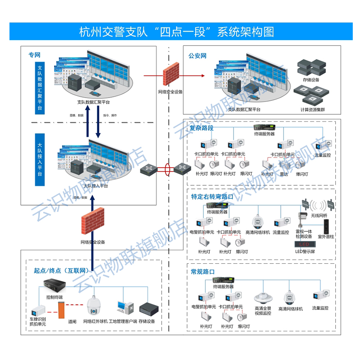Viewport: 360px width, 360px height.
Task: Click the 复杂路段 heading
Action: [x=201, y=128]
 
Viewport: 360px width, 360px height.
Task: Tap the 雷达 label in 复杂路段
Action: [x=283, y=174]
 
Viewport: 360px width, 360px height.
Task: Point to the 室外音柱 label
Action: [x=326, y=236]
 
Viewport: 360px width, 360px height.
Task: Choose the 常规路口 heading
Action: [x=203, y=272]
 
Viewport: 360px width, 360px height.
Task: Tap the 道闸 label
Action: [x=72, y=321]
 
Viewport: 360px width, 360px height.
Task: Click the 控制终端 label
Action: [x=54, y=297]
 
